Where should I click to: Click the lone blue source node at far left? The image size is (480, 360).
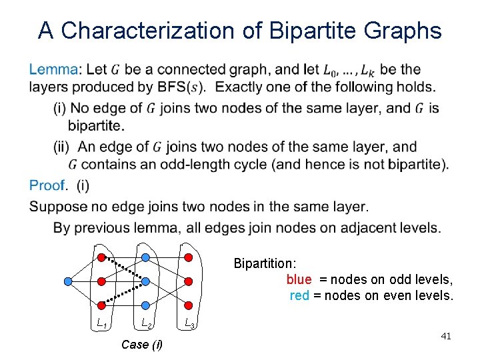[67, 281]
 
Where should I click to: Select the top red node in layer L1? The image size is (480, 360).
[101, 257]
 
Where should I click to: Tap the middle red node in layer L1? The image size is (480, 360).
[101, 281]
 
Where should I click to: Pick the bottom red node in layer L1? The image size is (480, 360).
[101, 305]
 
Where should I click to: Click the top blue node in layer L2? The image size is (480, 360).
[145, 257]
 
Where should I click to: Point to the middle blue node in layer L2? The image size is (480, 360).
[145, 281]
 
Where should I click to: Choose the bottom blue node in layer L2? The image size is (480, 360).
[145, 305]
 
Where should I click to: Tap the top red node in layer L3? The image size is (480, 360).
[188, 257]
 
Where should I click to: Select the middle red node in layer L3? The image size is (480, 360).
[188, 281]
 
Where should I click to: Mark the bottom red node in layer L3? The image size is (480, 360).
[188, 305]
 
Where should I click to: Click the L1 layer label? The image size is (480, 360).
[102, 324]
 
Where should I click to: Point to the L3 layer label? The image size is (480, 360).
[189, 325]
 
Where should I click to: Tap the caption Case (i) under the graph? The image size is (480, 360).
[141, 345]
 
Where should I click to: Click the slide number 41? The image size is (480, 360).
[446, 337]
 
